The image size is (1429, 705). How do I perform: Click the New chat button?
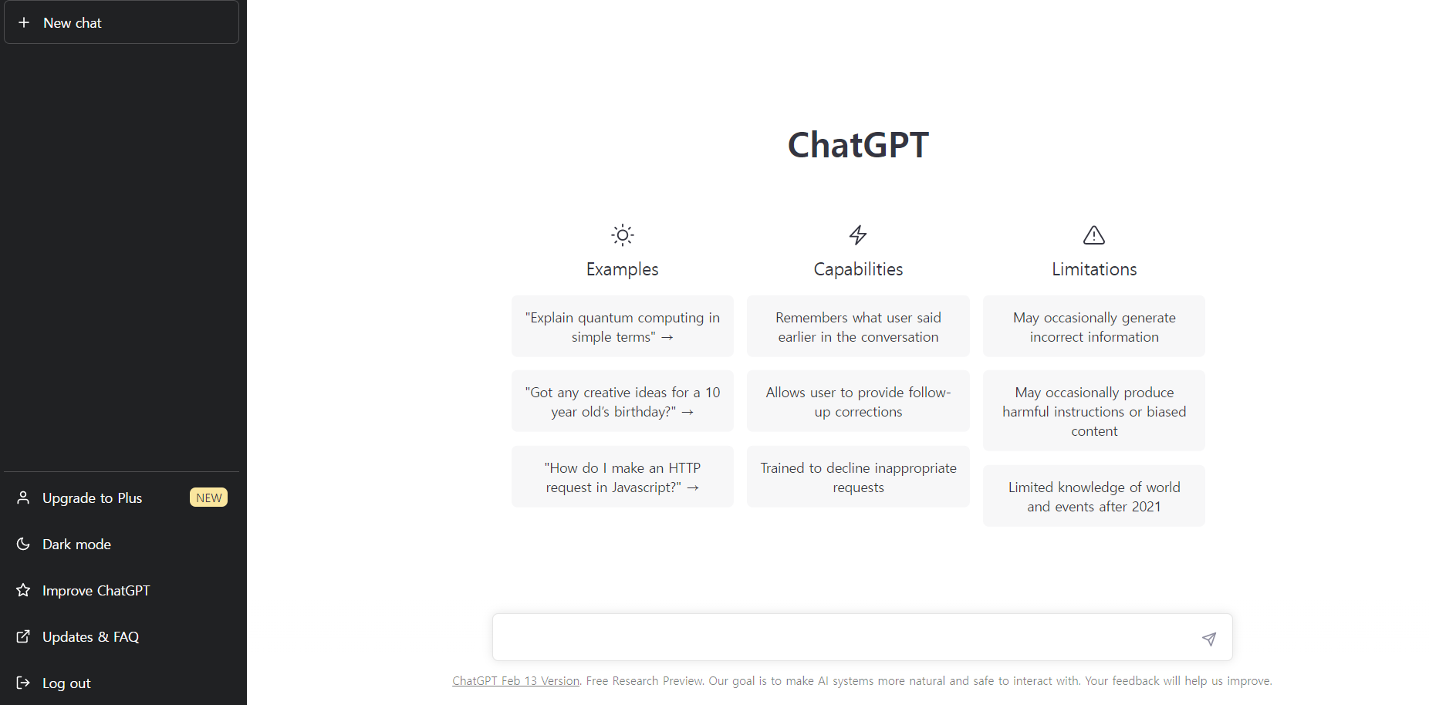[x=121, y=22]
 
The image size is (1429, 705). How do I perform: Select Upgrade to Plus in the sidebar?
[x=92, y=498]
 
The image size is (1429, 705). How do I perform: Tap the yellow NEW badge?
[x=208, y=498]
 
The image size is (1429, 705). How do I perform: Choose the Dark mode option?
[x=76, y=545]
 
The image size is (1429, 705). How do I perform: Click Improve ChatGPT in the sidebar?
[x=96, y=591]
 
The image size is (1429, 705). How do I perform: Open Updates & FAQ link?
[x=90, y=637]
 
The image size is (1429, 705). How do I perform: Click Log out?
[x=66, y=683]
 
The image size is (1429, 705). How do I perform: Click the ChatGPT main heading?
[x=858, y=145]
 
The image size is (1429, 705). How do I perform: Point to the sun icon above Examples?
[x=622, y=234]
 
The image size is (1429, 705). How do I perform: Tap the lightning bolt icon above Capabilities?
[x=858, y=234]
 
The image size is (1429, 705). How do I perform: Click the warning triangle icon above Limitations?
[x=1093, y=234]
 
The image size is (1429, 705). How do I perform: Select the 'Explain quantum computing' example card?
[x=622, y=326]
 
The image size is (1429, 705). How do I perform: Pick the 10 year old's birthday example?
[x=622, y=402]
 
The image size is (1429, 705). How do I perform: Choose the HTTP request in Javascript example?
[x=622, y=477]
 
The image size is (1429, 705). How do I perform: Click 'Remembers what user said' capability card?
[x=858, y=326]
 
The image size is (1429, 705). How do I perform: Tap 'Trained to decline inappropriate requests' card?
[x=858, y=477]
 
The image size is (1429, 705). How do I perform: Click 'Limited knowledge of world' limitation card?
[x=1093, y=497]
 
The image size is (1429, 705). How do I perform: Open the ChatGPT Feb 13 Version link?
[x=515, y=681]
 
